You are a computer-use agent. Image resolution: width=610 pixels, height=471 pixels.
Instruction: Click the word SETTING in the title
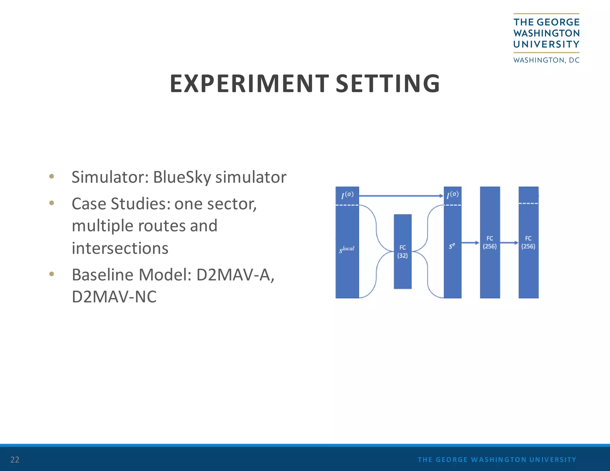tap(388, 84)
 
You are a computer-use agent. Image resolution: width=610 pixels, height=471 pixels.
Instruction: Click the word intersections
tap(120, 248)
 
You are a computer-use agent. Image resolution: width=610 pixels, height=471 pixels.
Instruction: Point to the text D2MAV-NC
tap(114, 297)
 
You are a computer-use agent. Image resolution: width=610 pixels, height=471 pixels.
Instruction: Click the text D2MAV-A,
tap(235, 275)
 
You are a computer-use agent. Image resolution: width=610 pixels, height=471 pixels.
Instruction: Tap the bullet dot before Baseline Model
tap(52, 274)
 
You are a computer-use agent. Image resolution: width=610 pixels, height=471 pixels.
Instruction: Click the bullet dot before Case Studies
tap(52, 203)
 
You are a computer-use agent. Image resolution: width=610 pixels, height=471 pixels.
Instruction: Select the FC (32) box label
tap(402, 252)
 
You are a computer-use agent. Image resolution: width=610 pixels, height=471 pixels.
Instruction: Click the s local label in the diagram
tap(347, 249)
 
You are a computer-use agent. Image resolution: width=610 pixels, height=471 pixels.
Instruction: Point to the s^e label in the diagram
tap(452, 246)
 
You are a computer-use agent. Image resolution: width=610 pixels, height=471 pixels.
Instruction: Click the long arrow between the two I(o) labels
tap(401, 196)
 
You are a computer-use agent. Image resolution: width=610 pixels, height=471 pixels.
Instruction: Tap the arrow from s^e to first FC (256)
tap(470, 243)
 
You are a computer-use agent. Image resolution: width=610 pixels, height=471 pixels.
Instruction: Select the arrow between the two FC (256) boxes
tap(509, 243)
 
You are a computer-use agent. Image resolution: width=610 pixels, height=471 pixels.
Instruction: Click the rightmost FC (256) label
tap(528, 242)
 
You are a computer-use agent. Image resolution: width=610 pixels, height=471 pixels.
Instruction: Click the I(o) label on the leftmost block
tap(347, 195)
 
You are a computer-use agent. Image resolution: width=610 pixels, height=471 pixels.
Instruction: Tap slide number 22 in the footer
tap(15, 459)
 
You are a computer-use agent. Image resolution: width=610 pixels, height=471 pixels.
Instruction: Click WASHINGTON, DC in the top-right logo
tap(546, 60)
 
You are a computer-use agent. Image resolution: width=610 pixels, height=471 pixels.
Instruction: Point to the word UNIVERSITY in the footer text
tap(553, 459)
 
